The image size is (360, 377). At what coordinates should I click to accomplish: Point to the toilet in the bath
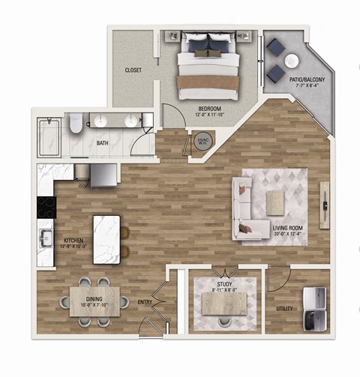pos(76,124)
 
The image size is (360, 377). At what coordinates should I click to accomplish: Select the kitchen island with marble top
pos(106,239)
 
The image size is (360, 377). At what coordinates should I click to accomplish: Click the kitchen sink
pos(43,240)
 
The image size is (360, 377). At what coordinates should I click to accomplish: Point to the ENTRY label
pos(146,303)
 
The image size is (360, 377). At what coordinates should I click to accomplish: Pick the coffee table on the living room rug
pos(276,199)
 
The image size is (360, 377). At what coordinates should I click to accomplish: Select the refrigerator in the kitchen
pos(103,175)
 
